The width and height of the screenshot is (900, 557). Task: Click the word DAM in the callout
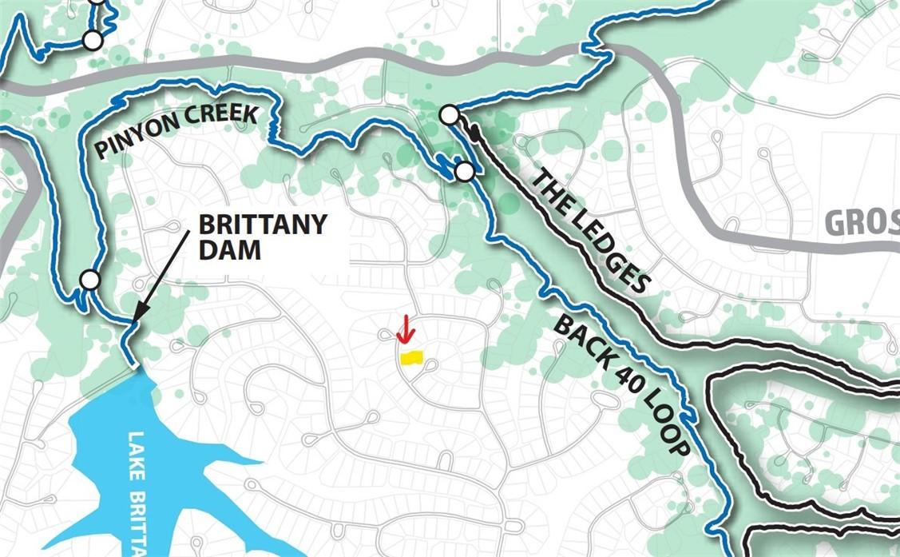(x=217, y=250)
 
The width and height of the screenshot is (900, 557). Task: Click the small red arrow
(x=406, y=328)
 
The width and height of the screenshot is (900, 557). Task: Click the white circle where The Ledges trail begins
(x=450, y=116)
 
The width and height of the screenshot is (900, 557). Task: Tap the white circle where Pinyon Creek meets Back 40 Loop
(x=464, y=171)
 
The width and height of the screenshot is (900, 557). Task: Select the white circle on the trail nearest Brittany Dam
(x=90, y=280)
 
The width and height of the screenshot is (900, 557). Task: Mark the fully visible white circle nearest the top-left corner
(x=93, y=39)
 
